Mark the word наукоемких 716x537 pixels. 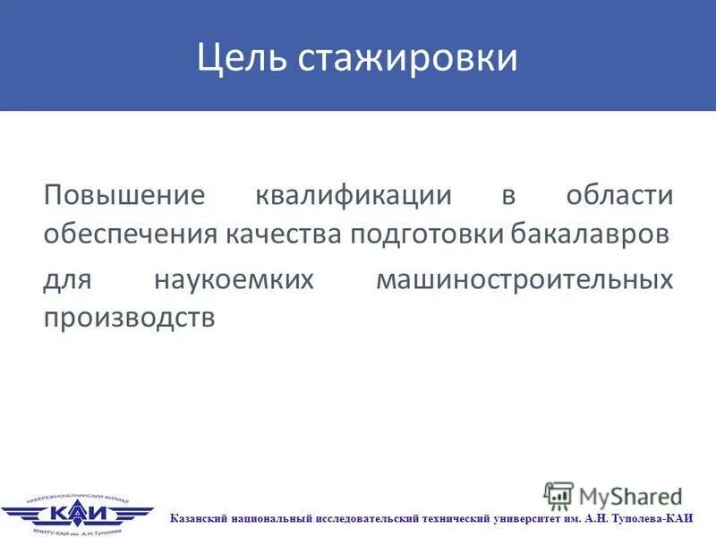pyautogui.click(x=234, y=280)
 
